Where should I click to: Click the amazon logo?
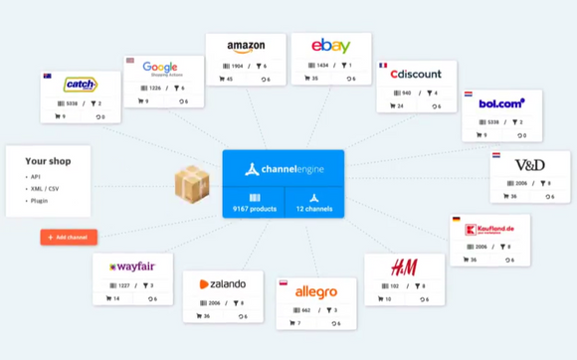coord(246,47)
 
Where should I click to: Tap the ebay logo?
coord(330,46)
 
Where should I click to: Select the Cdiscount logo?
coord(416,74)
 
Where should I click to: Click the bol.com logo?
coord(501,102)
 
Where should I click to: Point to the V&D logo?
coord(529,164)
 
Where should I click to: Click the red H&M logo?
coord(404,268)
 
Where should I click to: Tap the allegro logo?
coord(316,292)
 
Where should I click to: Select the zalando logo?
coord(223,284)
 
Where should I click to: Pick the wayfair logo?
coord(132,267)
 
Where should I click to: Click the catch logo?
coord(80,85)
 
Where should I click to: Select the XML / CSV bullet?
coord(44,188)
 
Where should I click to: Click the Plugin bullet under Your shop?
coord(39,200)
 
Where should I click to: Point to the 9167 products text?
coord(254,210)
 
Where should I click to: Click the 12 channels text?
coord(313,210)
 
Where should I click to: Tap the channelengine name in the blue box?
coord(291,169)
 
